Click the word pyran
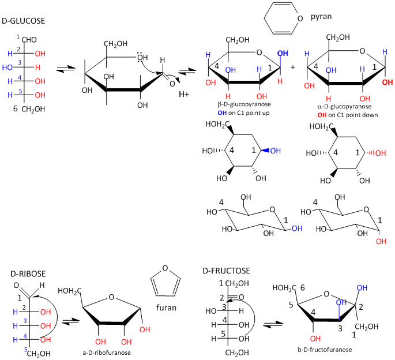click(x=321, y=17)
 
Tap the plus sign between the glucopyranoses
click(x=293, y=67)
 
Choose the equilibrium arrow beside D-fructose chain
click(x=269, y=325)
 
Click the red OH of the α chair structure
click(x=381, y=242)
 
